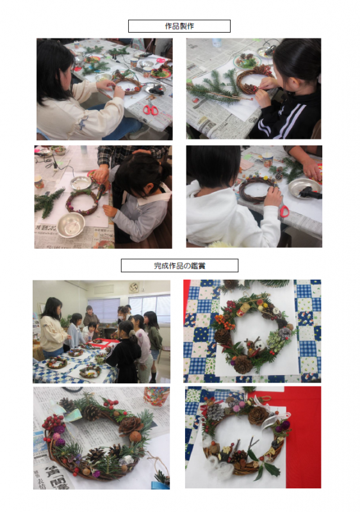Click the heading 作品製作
(x=179, y=26)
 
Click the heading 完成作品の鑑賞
(x=179, y=266)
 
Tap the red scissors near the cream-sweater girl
(x=151, y=108)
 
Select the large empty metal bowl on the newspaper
(x=71, y=225)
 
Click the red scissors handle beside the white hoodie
(x=284, y=211)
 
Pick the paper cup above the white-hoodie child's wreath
(x=268, y=159)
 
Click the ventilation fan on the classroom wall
(x=134, y=287)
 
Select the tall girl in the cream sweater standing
(x=53, y=327)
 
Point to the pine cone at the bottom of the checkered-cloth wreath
(x=243, y=364)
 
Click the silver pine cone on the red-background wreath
(x=215, y=412)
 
